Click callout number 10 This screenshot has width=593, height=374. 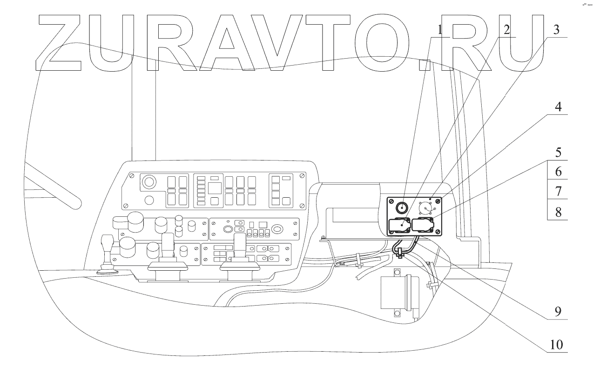[556, 345]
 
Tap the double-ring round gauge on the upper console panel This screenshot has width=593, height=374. [149, 181]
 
